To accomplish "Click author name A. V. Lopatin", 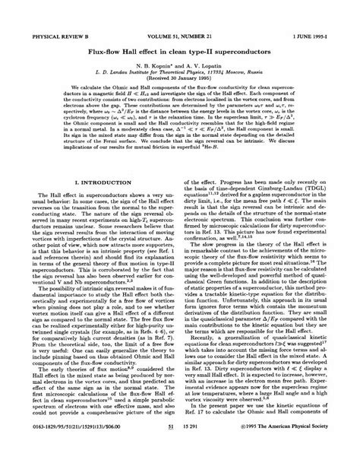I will [x=206, y=46].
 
